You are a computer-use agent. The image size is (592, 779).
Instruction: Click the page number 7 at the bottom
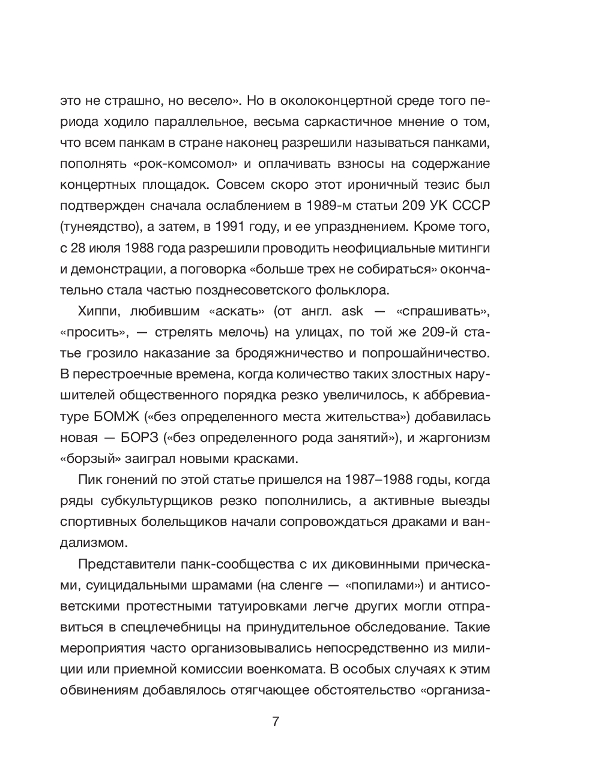pyautogui.click(x=276, y=721)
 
